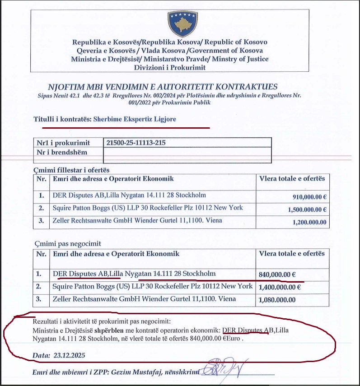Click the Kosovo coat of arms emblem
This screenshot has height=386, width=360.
(181, 23)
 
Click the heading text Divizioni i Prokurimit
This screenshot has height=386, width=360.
(169, 67)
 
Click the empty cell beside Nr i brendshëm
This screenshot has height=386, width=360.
(187, 153)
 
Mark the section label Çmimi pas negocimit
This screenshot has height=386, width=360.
(61, 243)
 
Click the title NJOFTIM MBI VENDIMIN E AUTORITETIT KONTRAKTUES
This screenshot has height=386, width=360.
(163, 87)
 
